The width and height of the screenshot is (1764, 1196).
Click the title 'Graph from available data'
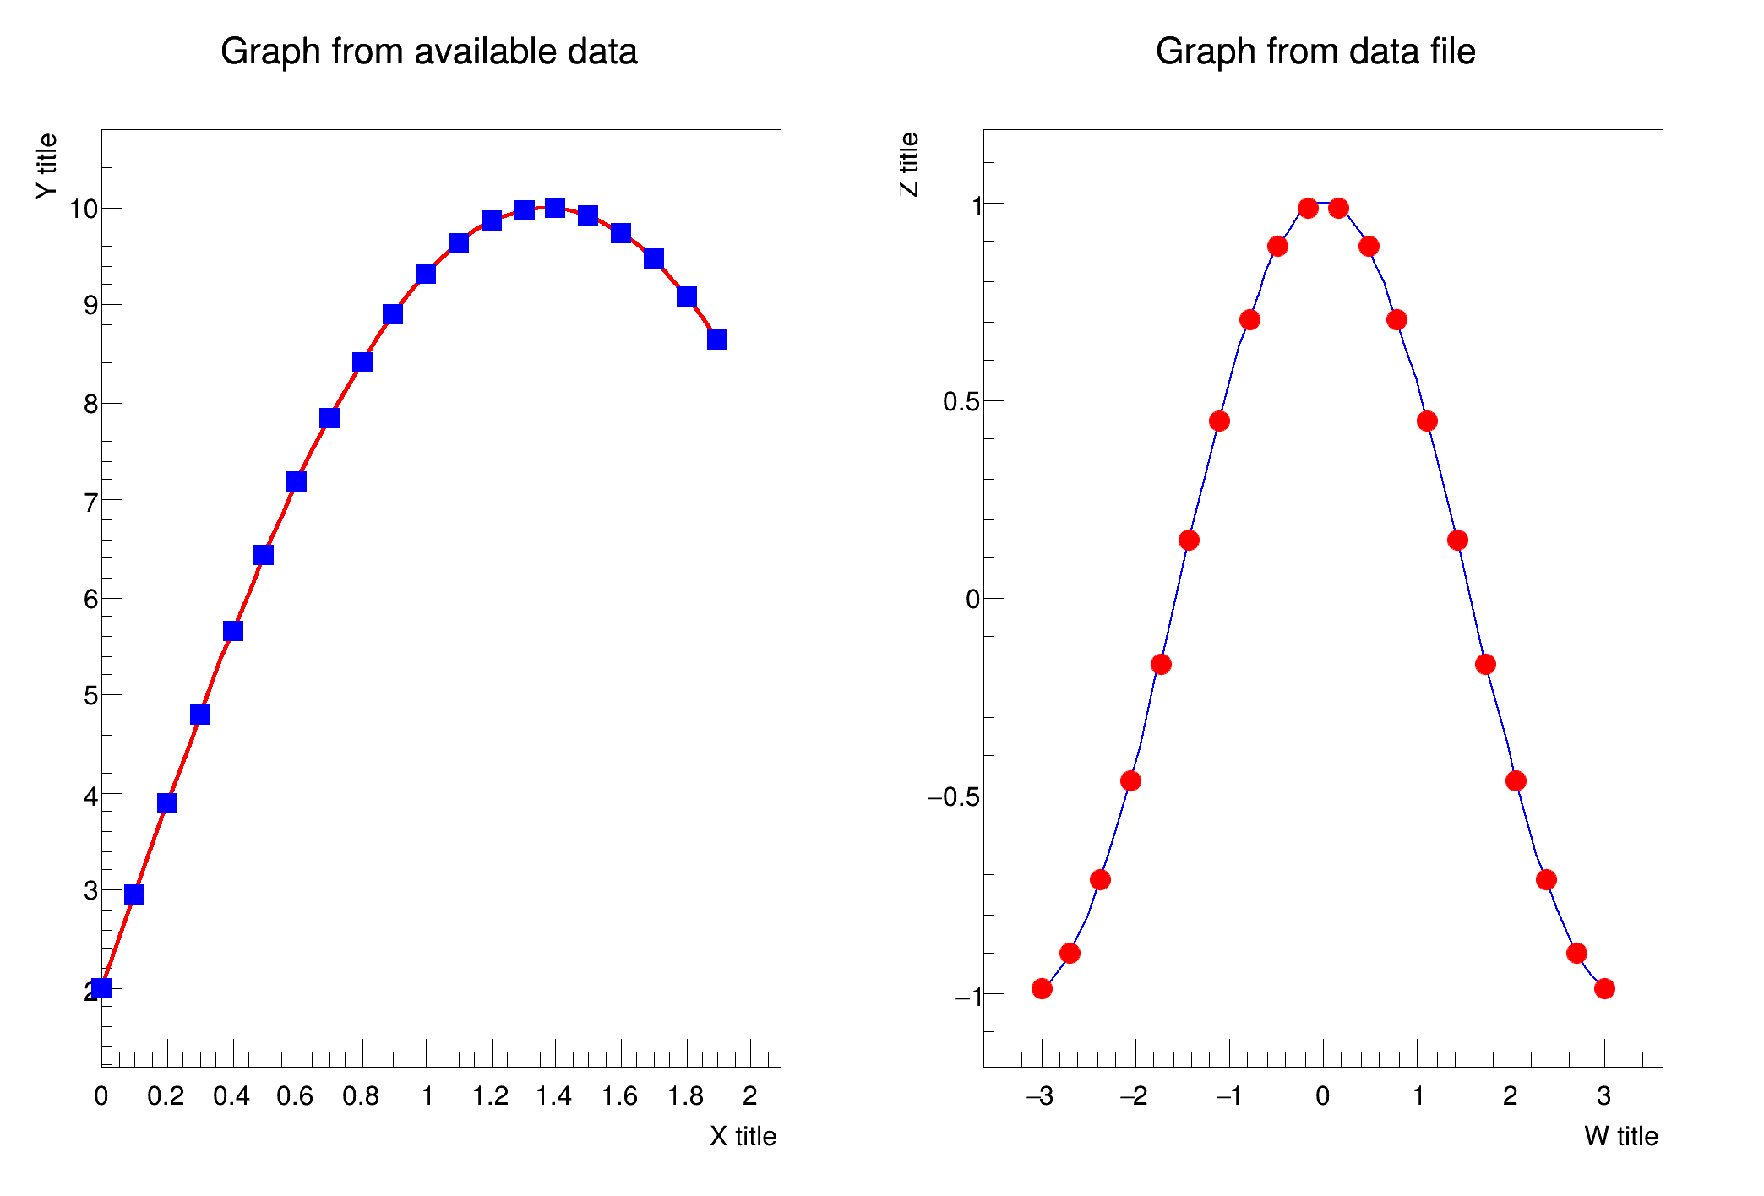pos(428,52)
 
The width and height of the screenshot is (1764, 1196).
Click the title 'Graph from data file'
pos(1315,52)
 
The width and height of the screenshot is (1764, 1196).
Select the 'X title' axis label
pos(743,1136)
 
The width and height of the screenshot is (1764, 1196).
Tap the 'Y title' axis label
pos(47,166)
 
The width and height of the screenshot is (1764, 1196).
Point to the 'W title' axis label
pos(1620,1136)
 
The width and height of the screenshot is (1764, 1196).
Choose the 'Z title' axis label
pos(909,165)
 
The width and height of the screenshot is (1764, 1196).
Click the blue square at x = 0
pos(101,988)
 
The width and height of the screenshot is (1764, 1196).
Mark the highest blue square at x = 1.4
pos(555,207)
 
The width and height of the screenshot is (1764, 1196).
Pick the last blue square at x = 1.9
pos(717,340)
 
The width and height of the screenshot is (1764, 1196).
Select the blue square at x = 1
pos(426,274)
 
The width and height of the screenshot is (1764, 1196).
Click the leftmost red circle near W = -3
pos(1042,988)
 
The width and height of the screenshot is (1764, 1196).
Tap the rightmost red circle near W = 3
pos(1604,988)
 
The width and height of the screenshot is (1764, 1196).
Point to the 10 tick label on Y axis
pos(84,209)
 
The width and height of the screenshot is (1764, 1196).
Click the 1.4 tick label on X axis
pos(553,1096)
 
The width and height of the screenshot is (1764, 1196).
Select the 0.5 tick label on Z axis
pos(961,401)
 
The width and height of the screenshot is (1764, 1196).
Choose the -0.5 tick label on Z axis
pos(953,796)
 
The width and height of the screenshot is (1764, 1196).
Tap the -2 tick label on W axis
pos(1133,1096)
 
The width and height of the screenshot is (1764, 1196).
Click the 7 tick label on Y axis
pos(90,502)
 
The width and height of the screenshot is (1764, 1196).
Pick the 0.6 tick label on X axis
pos(295,1096)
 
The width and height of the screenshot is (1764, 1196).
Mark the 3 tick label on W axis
pos(1603,1096)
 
